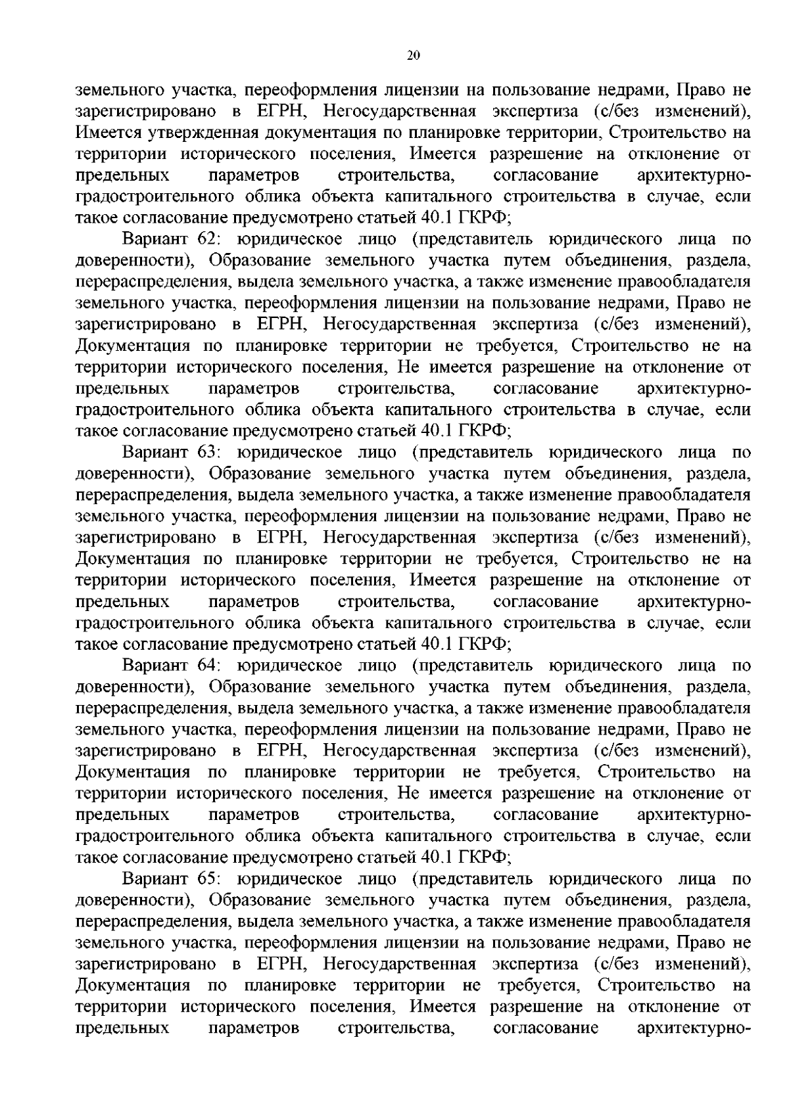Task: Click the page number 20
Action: coord(413,56)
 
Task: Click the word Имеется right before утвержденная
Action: coord(105,133)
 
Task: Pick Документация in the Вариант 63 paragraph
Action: coord(133,559)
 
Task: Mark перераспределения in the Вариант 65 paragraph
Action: coord(151,922)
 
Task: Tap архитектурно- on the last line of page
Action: coord(693,1028)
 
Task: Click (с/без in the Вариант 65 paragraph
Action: coord(617,965)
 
